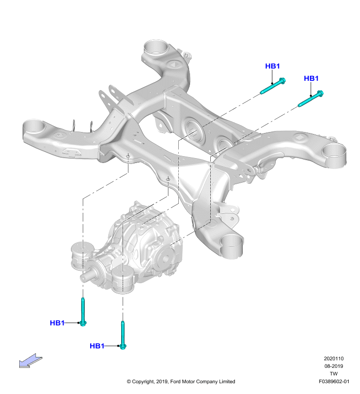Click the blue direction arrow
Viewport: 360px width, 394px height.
[31, 361]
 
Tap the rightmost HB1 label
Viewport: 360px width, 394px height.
[311, 78]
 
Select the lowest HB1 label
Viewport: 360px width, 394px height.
[97, 346]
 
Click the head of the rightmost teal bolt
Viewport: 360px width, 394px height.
[320, 94]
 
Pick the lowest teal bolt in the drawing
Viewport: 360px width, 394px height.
[123, 335]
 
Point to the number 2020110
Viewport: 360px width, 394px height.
[333, 359]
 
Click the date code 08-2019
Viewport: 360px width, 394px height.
[333, 366]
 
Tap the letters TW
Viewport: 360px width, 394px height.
[333, 374]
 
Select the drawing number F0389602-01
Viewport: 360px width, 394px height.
[334, 381]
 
